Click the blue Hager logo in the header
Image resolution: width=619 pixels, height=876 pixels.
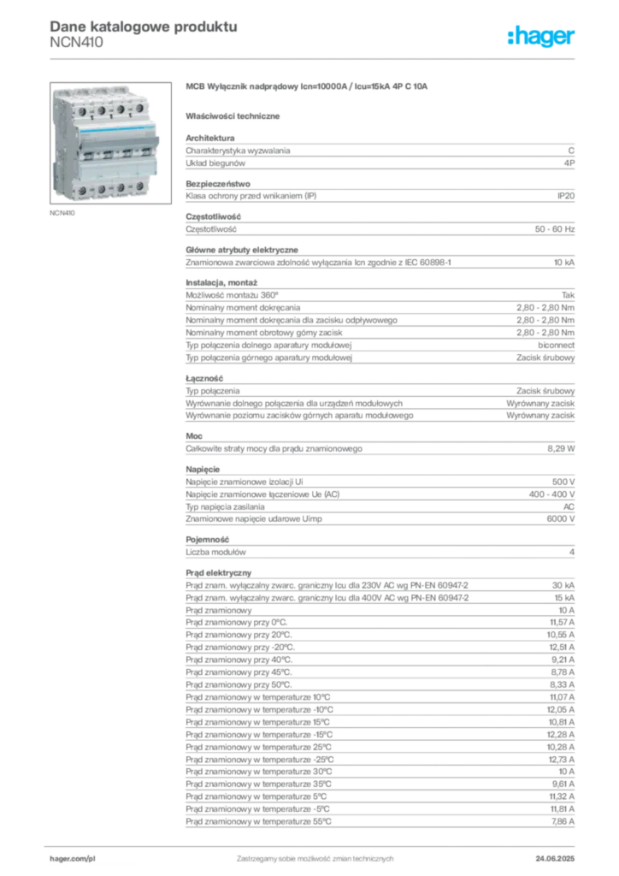pyautogui.click(x=542, y=38)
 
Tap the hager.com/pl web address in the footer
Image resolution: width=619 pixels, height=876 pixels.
pyautogui.click(x=73, y=857)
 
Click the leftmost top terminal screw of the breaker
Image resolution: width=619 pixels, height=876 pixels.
pyautogui.click(x=81, y=111)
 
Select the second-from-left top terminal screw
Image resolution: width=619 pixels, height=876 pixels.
pyautogui.click(x=100, y=111)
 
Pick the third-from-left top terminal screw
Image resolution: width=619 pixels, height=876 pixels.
pyautogui.click(x=120, y=112)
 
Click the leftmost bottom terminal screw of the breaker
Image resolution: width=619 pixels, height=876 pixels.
pyautogui.click(x=82, y=188)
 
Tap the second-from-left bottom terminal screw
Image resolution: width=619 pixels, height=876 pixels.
pyautogui.click(x=101, y=189)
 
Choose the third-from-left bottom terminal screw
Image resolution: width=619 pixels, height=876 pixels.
pyautogui.click(x=121, y=189)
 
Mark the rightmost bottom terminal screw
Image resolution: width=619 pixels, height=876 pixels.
pyautogui.click(x=139, y=190)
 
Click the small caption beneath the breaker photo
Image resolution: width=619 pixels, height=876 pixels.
pyautogui.click(x=64, y=214)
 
